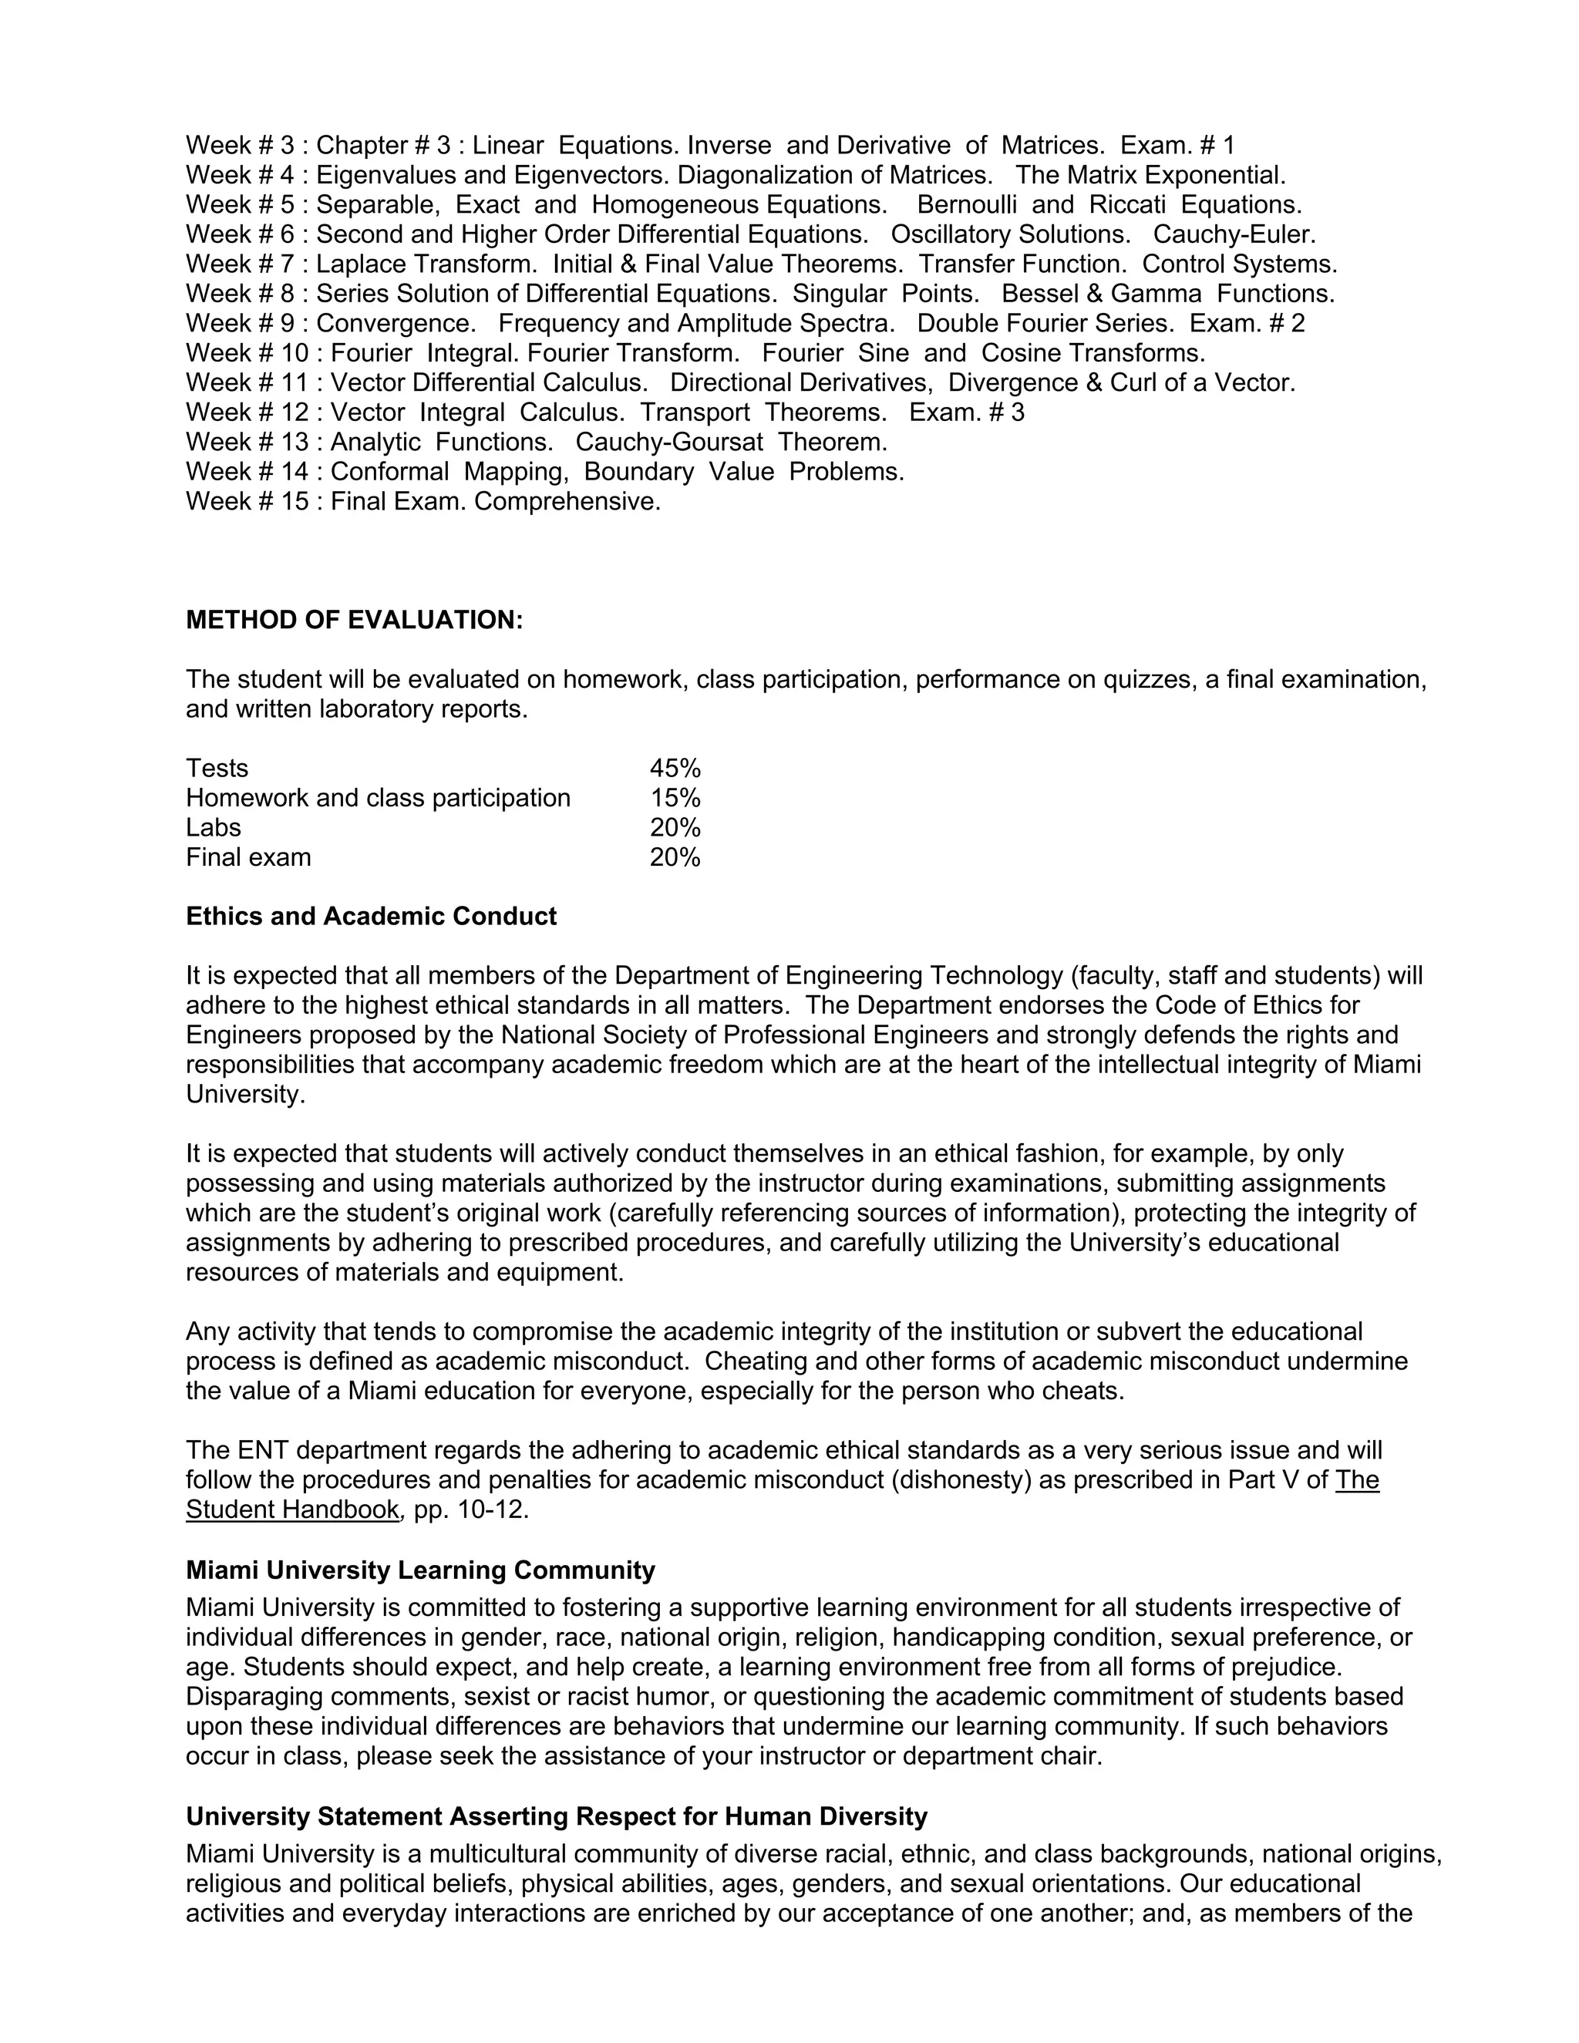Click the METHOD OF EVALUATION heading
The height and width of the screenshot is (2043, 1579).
click(355, 620)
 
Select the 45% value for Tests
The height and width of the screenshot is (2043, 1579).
click(675, 768)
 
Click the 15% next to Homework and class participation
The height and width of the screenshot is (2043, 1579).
click(675, 798)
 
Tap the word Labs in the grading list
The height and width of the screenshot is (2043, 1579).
click(214, 828)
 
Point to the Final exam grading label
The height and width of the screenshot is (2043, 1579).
click(248, 858)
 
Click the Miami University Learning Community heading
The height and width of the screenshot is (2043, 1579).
click(420, 1570)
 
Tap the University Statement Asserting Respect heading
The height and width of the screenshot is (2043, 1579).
click(557, 1816)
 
